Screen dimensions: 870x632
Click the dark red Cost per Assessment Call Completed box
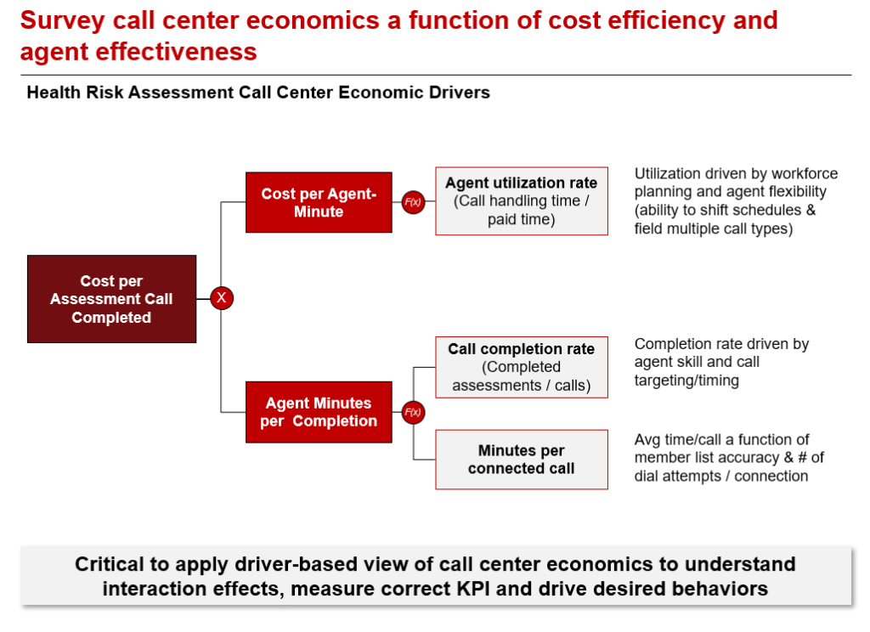click(111, 299)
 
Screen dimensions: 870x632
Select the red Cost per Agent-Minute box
click(319, 202)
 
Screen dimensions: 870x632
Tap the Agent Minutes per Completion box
click(319, 412)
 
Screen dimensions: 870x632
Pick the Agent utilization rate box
click(522, 200)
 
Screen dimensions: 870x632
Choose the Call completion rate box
click(522, 367)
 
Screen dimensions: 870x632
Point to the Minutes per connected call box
click(522, 460)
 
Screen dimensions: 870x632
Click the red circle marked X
click(222, 298)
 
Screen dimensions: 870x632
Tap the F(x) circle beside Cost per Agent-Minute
click(413, 202)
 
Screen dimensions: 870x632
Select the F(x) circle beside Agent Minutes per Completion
click(413, 412)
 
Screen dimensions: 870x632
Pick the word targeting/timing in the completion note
click(686, 381)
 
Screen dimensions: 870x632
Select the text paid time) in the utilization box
click(522, 220)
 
